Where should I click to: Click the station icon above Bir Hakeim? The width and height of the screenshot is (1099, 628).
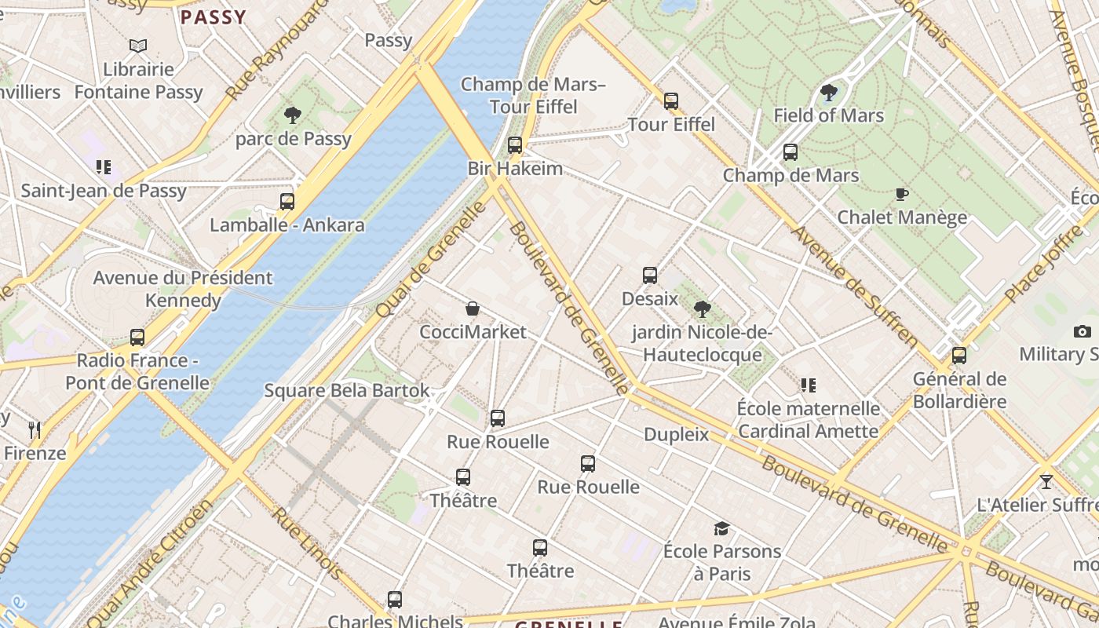pos(515,144)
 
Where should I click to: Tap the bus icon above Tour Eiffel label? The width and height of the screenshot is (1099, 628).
pos(671,100)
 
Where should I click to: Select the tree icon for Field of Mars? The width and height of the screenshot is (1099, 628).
pos(828,93)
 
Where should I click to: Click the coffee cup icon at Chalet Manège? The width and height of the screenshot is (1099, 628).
pos(902,194)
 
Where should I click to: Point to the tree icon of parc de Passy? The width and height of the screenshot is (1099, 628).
pos(293,115)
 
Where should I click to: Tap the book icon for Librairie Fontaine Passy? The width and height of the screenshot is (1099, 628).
pos(138,46)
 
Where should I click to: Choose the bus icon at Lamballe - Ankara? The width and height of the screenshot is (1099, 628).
pos(287,201)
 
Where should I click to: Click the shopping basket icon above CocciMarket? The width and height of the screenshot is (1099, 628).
pos(473,309)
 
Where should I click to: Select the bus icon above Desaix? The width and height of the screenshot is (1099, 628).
pos(650,275)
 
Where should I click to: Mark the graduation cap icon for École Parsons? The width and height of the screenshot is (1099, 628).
pos(721,528)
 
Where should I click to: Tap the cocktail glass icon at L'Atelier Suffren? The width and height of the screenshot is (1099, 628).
pos(1046,481)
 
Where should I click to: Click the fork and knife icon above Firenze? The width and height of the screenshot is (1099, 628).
pos(35,429)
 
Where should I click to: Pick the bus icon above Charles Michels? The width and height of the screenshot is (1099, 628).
pos(395,600)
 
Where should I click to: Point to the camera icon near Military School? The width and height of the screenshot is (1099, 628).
pos(1083,331)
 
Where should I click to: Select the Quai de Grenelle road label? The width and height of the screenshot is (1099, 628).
pos(431,260)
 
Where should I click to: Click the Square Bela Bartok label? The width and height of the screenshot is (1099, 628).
pos(347,390)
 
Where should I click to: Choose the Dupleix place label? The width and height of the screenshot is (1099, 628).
pos(676,434)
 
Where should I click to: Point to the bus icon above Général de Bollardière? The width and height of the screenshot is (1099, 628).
pos(959,356)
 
